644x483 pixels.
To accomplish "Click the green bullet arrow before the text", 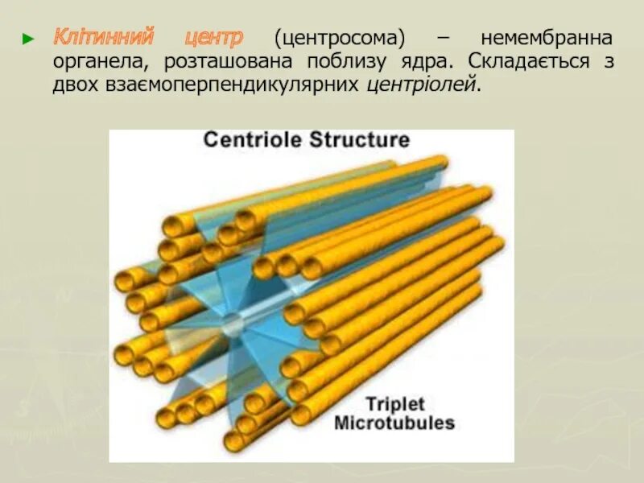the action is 28,38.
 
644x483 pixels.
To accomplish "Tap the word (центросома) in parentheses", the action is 339,38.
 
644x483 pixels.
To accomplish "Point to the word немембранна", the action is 547,37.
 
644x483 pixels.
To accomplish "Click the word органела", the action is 101,62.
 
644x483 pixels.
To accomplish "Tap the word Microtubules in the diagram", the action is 394,423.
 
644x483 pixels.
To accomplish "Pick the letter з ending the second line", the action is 609,62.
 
